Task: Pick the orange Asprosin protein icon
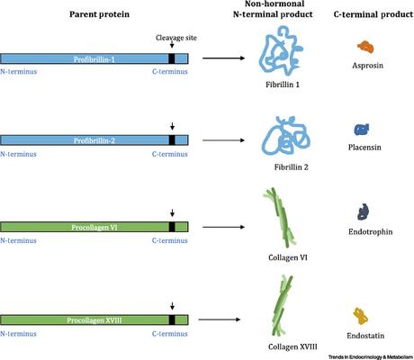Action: click(x=364, y=46)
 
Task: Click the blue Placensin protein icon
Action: click(x=362, y=130)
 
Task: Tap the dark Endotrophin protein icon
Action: click(x=364, y=212)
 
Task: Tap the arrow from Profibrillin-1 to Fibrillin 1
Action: click(x=226, y=58)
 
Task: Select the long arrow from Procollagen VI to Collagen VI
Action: click(x=227, y=225)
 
